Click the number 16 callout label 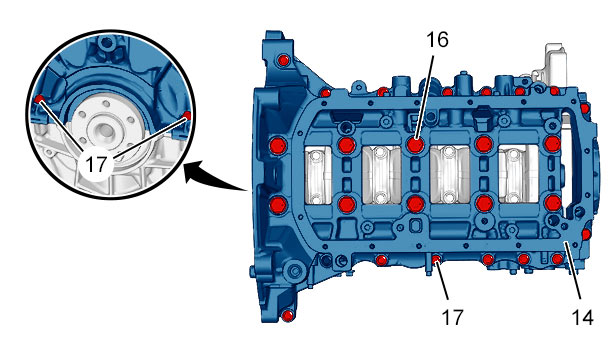point(437,40)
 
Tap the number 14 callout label point(582,317)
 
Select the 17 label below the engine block point(452,317)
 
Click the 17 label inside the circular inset point(96,164)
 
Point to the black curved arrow point(215,178)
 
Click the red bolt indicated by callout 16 point(415,145)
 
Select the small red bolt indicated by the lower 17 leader point(436,259)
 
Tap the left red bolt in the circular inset point(38,99)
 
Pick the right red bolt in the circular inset point(187,115)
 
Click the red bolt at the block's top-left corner point(283,61)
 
